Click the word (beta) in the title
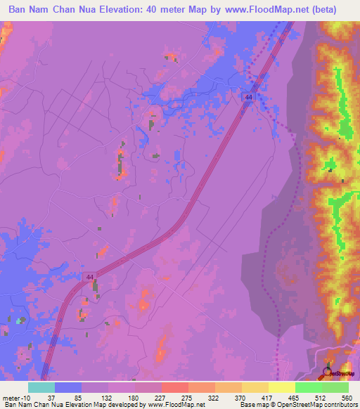pyautogui.click(x=321, y=10)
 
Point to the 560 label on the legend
pyautogui.click(x=347, y=397)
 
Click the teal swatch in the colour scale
pyautogui.click(x=41, y=387)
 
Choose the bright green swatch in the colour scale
pyautogui.click(x=308, y=387)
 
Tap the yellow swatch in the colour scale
pyautogui.click(x=255, y=387)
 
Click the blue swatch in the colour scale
pyautogui.click(x=67, y=387)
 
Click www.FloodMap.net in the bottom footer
pyautogui.click(x=176, y=405)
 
